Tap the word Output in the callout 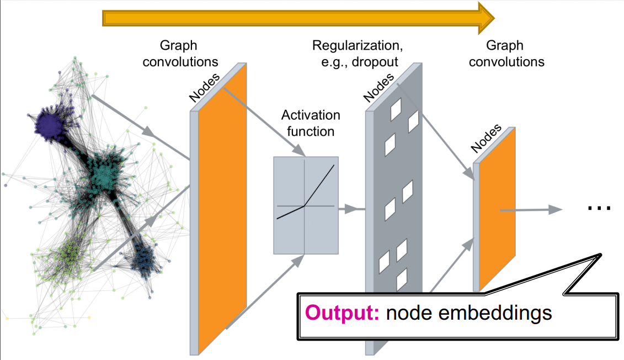342,313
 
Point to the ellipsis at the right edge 598,208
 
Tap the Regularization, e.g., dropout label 355,53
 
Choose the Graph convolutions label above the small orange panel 506,54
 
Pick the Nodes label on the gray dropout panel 380,87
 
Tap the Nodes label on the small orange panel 486,139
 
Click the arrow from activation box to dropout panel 352,209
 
